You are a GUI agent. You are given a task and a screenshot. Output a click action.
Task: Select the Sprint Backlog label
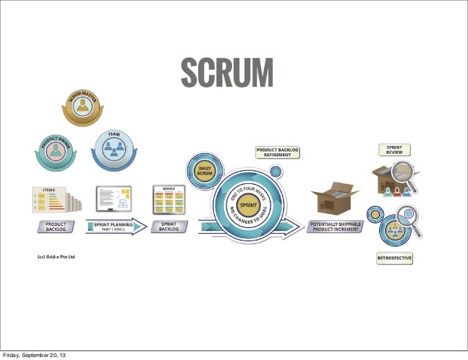(x=169, y=227)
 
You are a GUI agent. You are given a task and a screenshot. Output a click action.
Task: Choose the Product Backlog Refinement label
(x=278, y=152)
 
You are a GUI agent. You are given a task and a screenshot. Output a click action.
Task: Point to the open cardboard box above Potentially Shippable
(x=334, y=198)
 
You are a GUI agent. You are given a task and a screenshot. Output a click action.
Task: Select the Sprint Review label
(x=394, y=150)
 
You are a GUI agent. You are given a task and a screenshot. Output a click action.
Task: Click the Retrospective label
(x=394, y=258)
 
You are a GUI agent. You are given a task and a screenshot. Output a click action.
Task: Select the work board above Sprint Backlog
(x=169, y=199)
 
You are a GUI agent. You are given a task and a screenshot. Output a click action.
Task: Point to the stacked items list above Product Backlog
(x=51, y=199)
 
